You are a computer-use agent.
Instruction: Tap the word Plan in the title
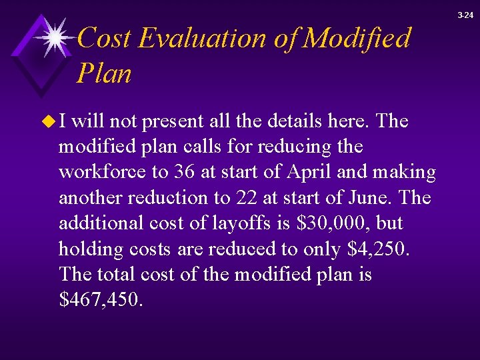(x=104, y=73)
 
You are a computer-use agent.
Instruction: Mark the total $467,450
(x=101, y=300)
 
